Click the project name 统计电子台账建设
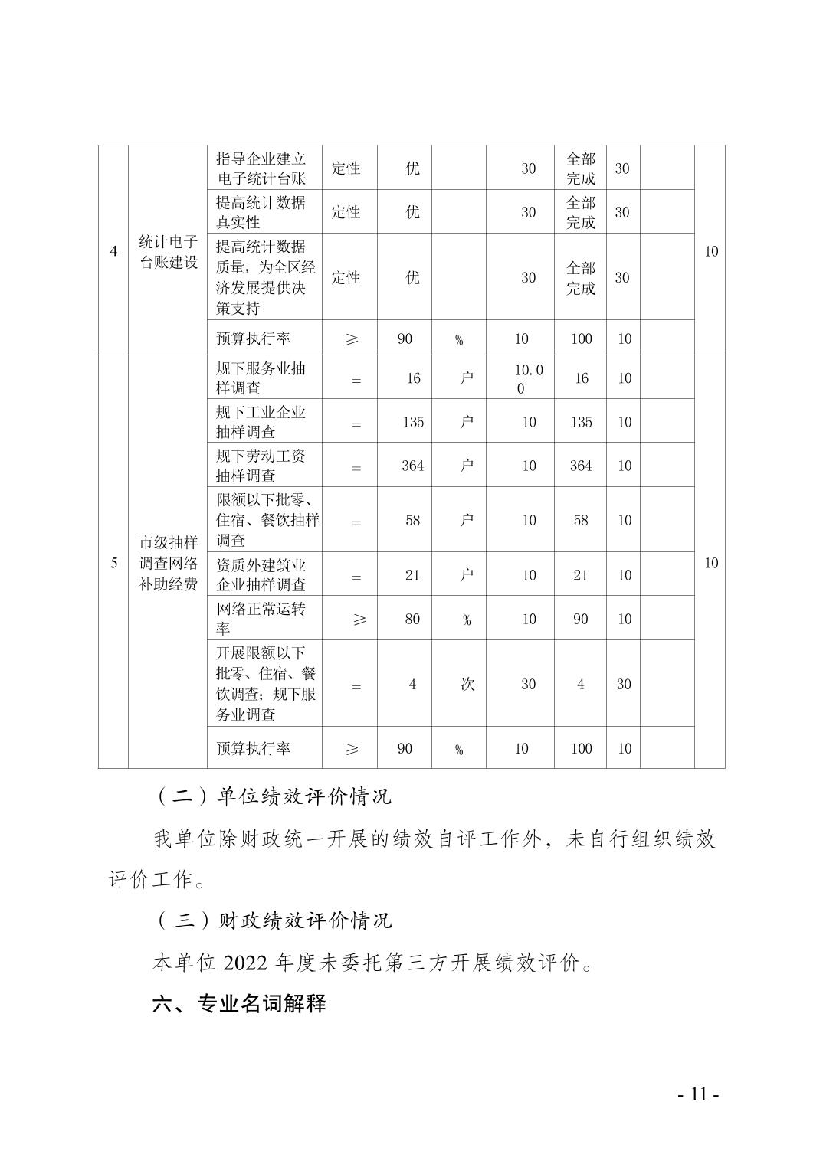tap(168, 252)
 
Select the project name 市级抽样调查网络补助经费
tap(168, 564)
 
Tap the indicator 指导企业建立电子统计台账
tap(261, 168)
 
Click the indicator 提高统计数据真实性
tap(261, 212)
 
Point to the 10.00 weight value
tap(528, 378)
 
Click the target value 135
tap(413, 422)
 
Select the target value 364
tap(412, 466)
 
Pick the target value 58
tap(412, 521)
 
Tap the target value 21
tap(412, 575)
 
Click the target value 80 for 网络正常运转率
tap(412, 619)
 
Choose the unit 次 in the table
tap(467, 684)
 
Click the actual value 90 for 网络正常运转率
tap(581, 619)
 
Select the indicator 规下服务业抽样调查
tap(261, 378)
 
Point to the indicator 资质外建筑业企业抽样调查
tap(261, 575)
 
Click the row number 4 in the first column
tap(113, 252)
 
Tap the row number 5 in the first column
tap(113, 564)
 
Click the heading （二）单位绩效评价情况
tap(273, 796)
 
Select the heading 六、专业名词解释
tap(239, 1003)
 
